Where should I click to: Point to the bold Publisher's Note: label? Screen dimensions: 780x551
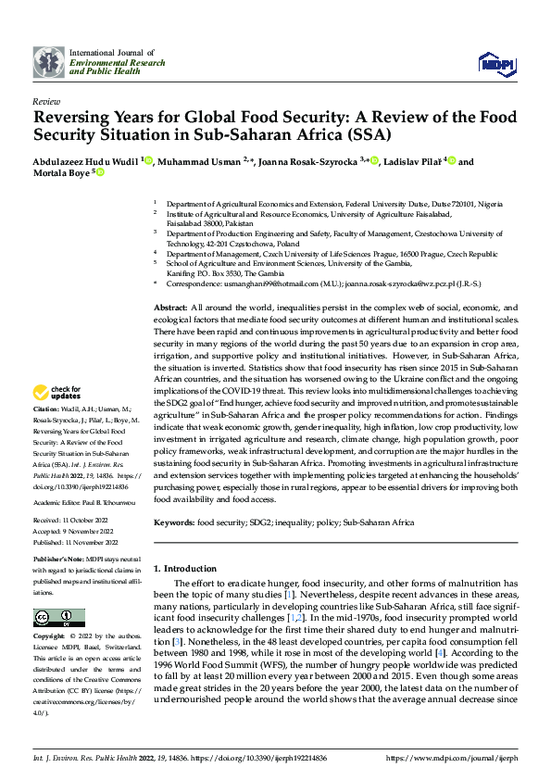click(60, 561)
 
